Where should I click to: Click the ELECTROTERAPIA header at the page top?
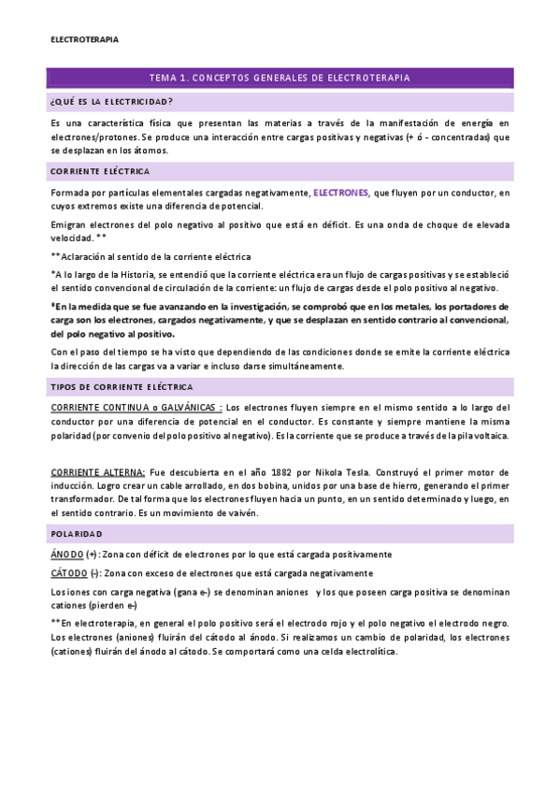(x=84, y=40)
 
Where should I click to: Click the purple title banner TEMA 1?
(x=280, y=78)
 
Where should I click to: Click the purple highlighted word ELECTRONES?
(x=340, y=193)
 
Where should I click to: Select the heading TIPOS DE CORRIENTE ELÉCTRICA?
(x=122, y=386)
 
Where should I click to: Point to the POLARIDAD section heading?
(x=77, y=533)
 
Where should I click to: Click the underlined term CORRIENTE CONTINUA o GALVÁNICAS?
(x=136, y=408)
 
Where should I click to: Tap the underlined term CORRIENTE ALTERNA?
(x=98, y=473)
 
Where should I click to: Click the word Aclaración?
(x=87, y=256)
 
